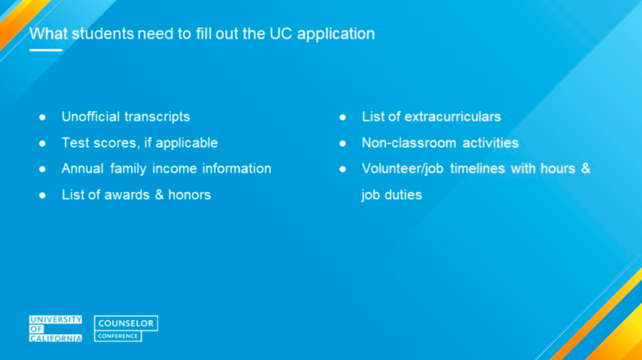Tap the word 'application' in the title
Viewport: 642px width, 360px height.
[x=336, y=34]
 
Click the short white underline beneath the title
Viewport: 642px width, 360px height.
[x=46, y=50]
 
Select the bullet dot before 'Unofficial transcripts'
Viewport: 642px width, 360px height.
[x=42, y=117]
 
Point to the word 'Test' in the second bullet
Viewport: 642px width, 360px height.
[x=75, y=143]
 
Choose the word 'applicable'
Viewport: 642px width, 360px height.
[x=187, y=143]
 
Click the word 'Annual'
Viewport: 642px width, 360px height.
[x=83, y=169]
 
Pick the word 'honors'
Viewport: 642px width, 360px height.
[x=191, y=195]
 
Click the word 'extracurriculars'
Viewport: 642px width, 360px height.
[x=452, y=117]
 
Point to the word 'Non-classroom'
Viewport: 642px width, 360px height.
[x=401, y=143]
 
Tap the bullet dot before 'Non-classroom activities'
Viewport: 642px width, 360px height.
[x=342, y=143]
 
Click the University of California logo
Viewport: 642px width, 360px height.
[x=55, y=329]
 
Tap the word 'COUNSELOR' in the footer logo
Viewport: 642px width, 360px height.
[x=126, y=324]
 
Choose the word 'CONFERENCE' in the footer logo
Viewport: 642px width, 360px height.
[x=118, y=336]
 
